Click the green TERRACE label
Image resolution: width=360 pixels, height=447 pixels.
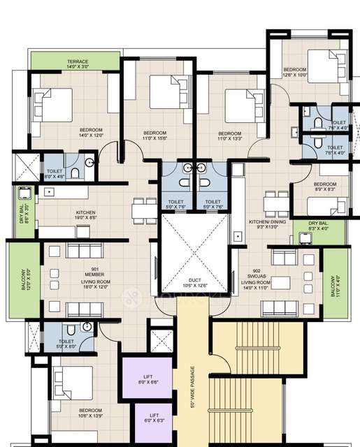(78, 64)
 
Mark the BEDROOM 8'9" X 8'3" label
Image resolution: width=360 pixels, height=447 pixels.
(305, 186)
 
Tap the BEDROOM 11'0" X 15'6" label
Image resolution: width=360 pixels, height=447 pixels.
(154, 135)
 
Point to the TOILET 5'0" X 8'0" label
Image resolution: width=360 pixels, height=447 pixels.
(66, 344)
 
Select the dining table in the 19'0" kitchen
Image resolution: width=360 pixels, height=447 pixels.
(145, 209)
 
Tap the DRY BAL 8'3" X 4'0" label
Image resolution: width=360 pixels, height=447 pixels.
(318, 226)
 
